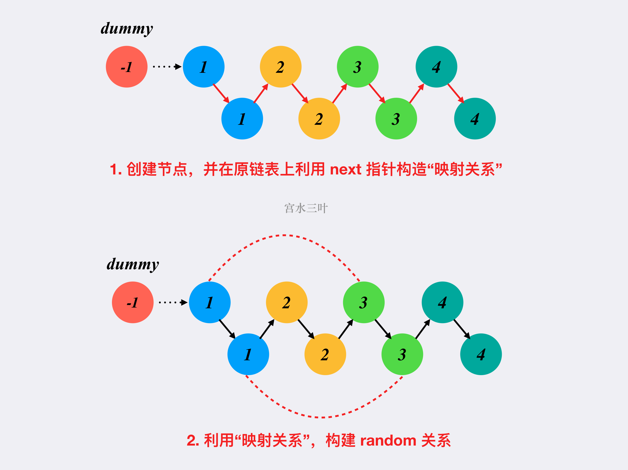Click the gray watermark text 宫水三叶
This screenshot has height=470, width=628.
tap(306, 208)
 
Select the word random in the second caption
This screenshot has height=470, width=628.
tap(388, 440)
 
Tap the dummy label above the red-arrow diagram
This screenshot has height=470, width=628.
tap(127, 29)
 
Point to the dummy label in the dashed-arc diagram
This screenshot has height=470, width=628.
tap(133, 265)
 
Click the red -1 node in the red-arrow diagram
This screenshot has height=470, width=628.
tap(127, 67)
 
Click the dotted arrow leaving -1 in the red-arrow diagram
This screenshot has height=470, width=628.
tap(167, 67)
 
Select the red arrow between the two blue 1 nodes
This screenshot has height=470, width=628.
tap(221, 94)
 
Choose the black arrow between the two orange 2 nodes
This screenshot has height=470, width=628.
tap(306, 329)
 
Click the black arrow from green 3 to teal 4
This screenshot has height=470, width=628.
tap(423, 329)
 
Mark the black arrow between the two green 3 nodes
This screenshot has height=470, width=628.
tap(383, 329)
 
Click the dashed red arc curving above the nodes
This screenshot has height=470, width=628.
tap(284, 235)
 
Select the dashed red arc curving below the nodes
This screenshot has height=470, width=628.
tap(324, 417)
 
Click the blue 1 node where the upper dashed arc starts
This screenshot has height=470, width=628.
tap(210, 302)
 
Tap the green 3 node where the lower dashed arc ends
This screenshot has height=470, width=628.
tap(402, 354)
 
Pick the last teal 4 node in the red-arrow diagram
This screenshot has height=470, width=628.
tap(475, 119)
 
